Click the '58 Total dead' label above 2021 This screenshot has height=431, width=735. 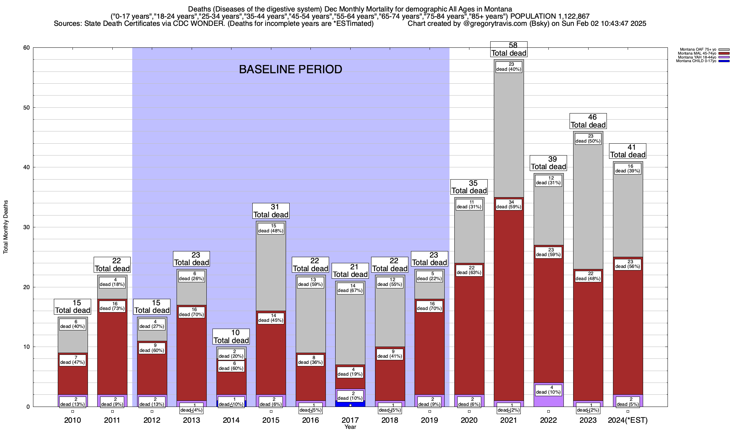tap(509, 49)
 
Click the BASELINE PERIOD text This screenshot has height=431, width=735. tap(290, 69)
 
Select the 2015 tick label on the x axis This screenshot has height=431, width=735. tap(271, 420)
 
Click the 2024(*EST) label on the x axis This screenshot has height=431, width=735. tap(628, 420)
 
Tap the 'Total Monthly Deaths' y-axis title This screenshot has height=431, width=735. tap(6, 227)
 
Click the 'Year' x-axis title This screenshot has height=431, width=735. tap(350, 427)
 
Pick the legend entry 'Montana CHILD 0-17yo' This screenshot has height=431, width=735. tap(696, 61)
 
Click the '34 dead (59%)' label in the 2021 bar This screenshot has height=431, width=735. tap(509, 204)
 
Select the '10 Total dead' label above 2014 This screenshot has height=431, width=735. tap(231, 337)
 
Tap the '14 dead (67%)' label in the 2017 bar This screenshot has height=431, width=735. tap(350, 288)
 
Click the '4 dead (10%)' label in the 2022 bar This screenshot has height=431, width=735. tap(548, 389)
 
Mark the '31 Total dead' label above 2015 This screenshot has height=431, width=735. tap(271, 211)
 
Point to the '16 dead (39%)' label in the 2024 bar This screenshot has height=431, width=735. tap(628, 168)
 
